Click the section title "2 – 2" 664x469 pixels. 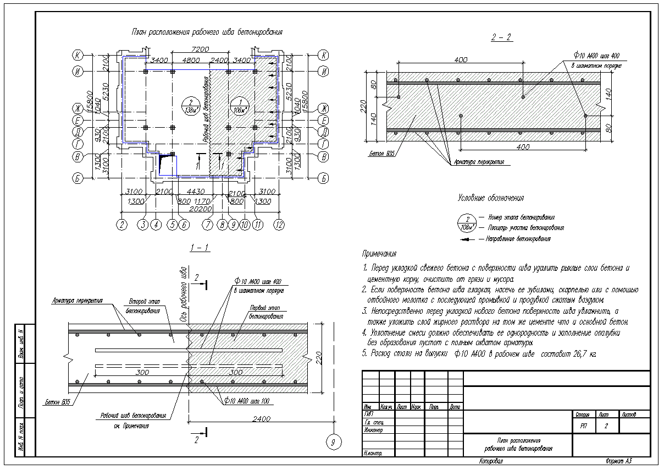pyautogui.click(x=501, y=38)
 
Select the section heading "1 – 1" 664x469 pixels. pyautogui.click(x=199, y=248)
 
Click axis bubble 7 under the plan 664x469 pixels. pyautogui.click(x=207, y=225)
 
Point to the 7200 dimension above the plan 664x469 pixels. pyautogui.click(x=201, y=50)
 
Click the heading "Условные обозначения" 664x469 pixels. pyautogui.click(x=490, y=198)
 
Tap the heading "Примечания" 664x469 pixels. pyautogui.click(x=379, y=254)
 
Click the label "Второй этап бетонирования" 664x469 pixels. pyautogui.click(x=142, y=306)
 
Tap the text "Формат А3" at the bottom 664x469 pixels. pyautogui.click(x=619, y=461)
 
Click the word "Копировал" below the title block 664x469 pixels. pyautogui.click(x=491, y=461)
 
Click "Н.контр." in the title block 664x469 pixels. pyautogui.click(x=373, y=453)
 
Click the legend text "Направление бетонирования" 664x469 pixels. pyautogui.click(x=518, y=239)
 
